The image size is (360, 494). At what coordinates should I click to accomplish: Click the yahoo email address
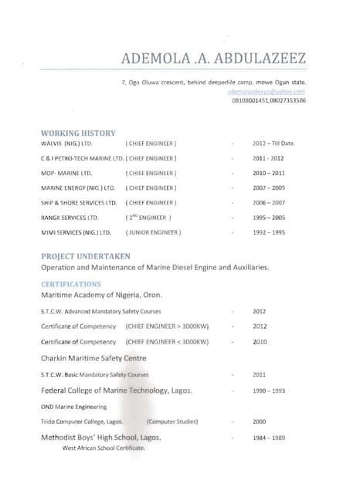coord(266,91)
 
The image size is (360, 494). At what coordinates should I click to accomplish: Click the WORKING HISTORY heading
coord(73,133)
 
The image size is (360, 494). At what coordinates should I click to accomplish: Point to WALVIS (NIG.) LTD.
coord(66,144)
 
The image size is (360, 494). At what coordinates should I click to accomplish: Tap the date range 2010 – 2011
coord(269,173)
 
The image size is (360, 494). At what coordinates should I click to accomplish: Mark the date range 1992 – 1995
coord(269,232)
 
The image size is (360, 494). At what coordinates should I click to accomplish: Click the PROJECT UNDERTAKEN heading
coord(85,255)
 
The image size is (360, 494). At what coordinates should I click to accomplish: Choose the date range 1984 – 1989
coord(269,438)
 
